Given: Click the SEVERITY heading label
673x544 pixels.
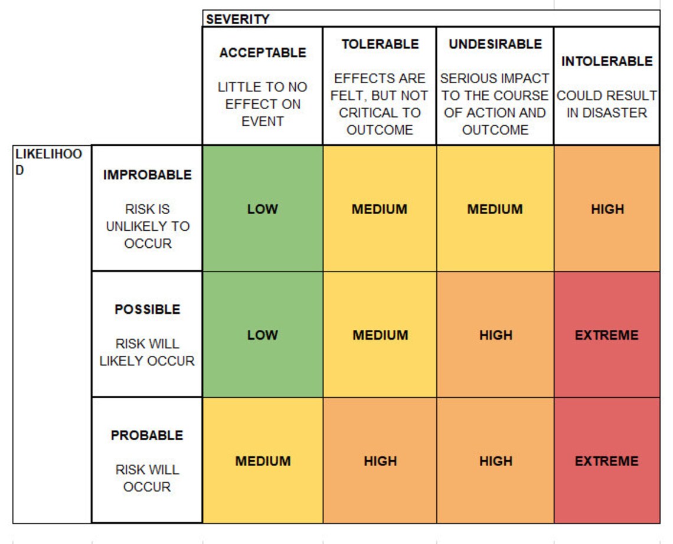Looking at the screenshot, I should (x=237, y=19).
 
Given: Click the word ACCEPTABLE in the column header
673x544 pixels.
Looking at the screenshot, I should (x=263, y=53).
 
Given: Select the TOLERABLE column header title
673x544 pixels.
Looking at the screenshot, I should (x=380, y=44).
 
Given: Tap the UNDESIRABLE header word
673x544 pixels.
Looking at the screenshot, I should (x=495, y=44).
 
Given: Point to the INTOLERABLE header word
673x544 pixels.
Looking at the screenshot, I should (x=606, y=61).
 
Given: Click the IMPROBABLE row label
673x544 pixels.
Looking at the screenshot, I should (x=147, y=175).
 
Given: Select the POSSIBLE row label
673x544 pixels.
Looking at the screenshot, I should (x=147, y=310).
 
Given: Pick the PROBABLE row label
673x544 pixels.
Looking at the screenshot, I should (x=147, y=435).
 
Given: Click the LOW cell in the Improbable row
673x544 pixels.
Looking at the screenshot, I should (x=262, y=209).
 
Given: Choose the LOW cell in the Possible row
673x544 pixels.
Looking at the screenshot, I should (x=262, y=335).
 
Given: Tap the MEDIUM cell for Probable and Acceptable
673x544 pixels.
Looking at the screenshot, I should (x=263, y=461).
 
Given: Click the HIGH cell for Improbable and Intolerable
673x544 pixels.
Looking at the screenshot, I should (x=607, y=209).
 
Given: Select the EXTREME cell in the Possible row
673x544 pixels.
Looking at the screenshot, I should (x=606, y=335).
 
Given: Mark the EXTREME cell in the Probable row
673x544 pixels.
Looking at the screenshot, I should (x=606, y=461).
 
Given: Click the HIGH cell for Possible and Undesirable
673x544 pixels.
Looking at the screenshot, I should (x=495, y=335).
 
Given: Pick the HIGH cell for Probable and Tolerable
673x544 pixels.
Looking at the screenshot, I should (x=380, y=461).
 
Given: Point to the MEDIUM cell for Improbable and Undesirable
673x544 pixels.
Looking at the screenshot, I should (x=495, y=209).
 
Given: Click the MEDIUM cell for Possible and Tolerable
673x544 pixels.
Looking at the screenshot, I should (x=380, y=335).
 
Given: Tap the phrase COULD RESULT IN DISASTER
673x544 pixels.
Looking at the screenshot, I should (x=606, y=104).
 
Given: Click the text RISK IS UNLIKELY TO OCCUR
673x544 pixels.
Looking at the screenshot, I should (x=147, y=227).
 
